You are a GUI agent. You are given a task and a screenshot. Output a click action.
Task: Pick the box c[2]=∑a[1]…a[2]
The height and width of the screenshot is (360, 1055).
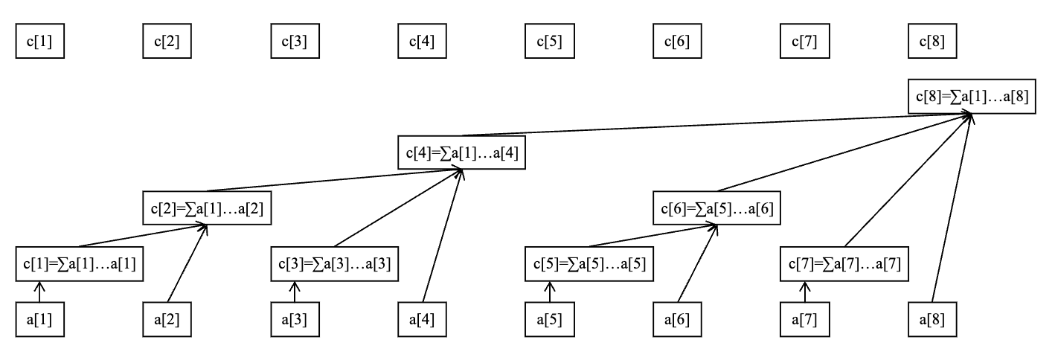click(205, 209)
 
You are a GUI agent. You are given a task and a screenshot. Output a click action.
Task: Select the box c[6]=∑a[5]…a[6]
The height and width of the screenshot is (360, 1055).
click(716, 209)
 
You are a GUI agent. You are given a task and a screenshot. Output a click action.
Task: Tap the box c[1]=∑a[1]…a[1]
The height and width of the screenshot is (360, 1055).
click(80, 265)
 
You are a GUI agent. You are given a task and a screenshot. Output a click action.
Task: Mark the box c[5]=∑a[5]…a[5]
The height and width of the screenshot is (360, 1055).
click(590, 265)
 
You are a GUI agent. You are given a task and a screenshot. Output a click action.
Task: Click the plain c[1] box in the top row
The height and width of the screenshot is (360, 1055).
click(40, 42)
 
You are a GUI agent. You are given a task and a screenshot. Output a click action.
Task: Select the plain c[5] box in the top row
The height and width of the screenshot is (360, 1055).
click(550, 42)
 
